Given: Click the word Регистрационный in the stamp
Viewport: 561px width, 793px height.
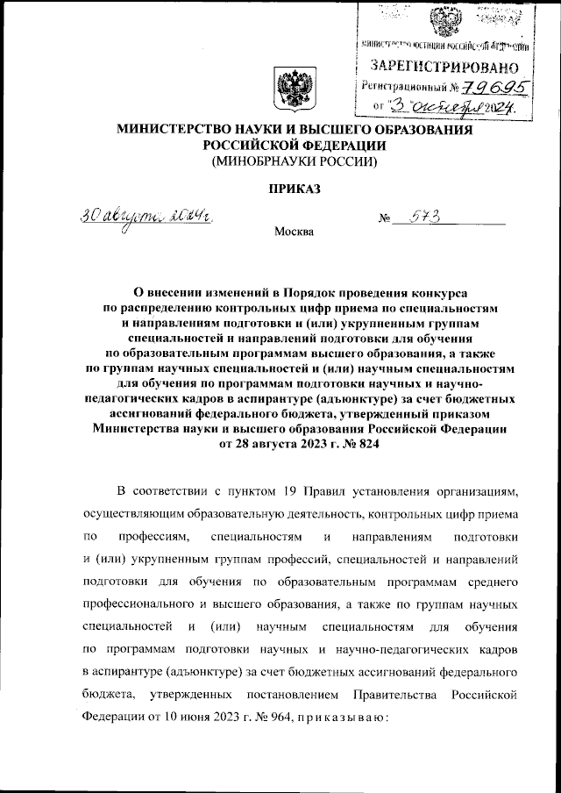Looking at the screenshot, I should (404, 86).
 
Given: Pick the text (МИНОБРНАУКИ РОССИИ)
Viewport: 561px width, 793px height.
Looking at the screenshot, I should (290, 161).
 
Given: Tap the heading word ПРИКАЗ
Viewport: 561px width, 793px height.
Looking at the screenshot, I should (291, 189).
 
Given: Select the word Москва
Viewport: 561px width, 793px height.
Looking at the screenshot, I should (292, 232).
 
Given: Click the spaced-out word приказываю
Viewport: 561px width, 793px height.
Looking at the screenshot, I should (333, 718).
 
